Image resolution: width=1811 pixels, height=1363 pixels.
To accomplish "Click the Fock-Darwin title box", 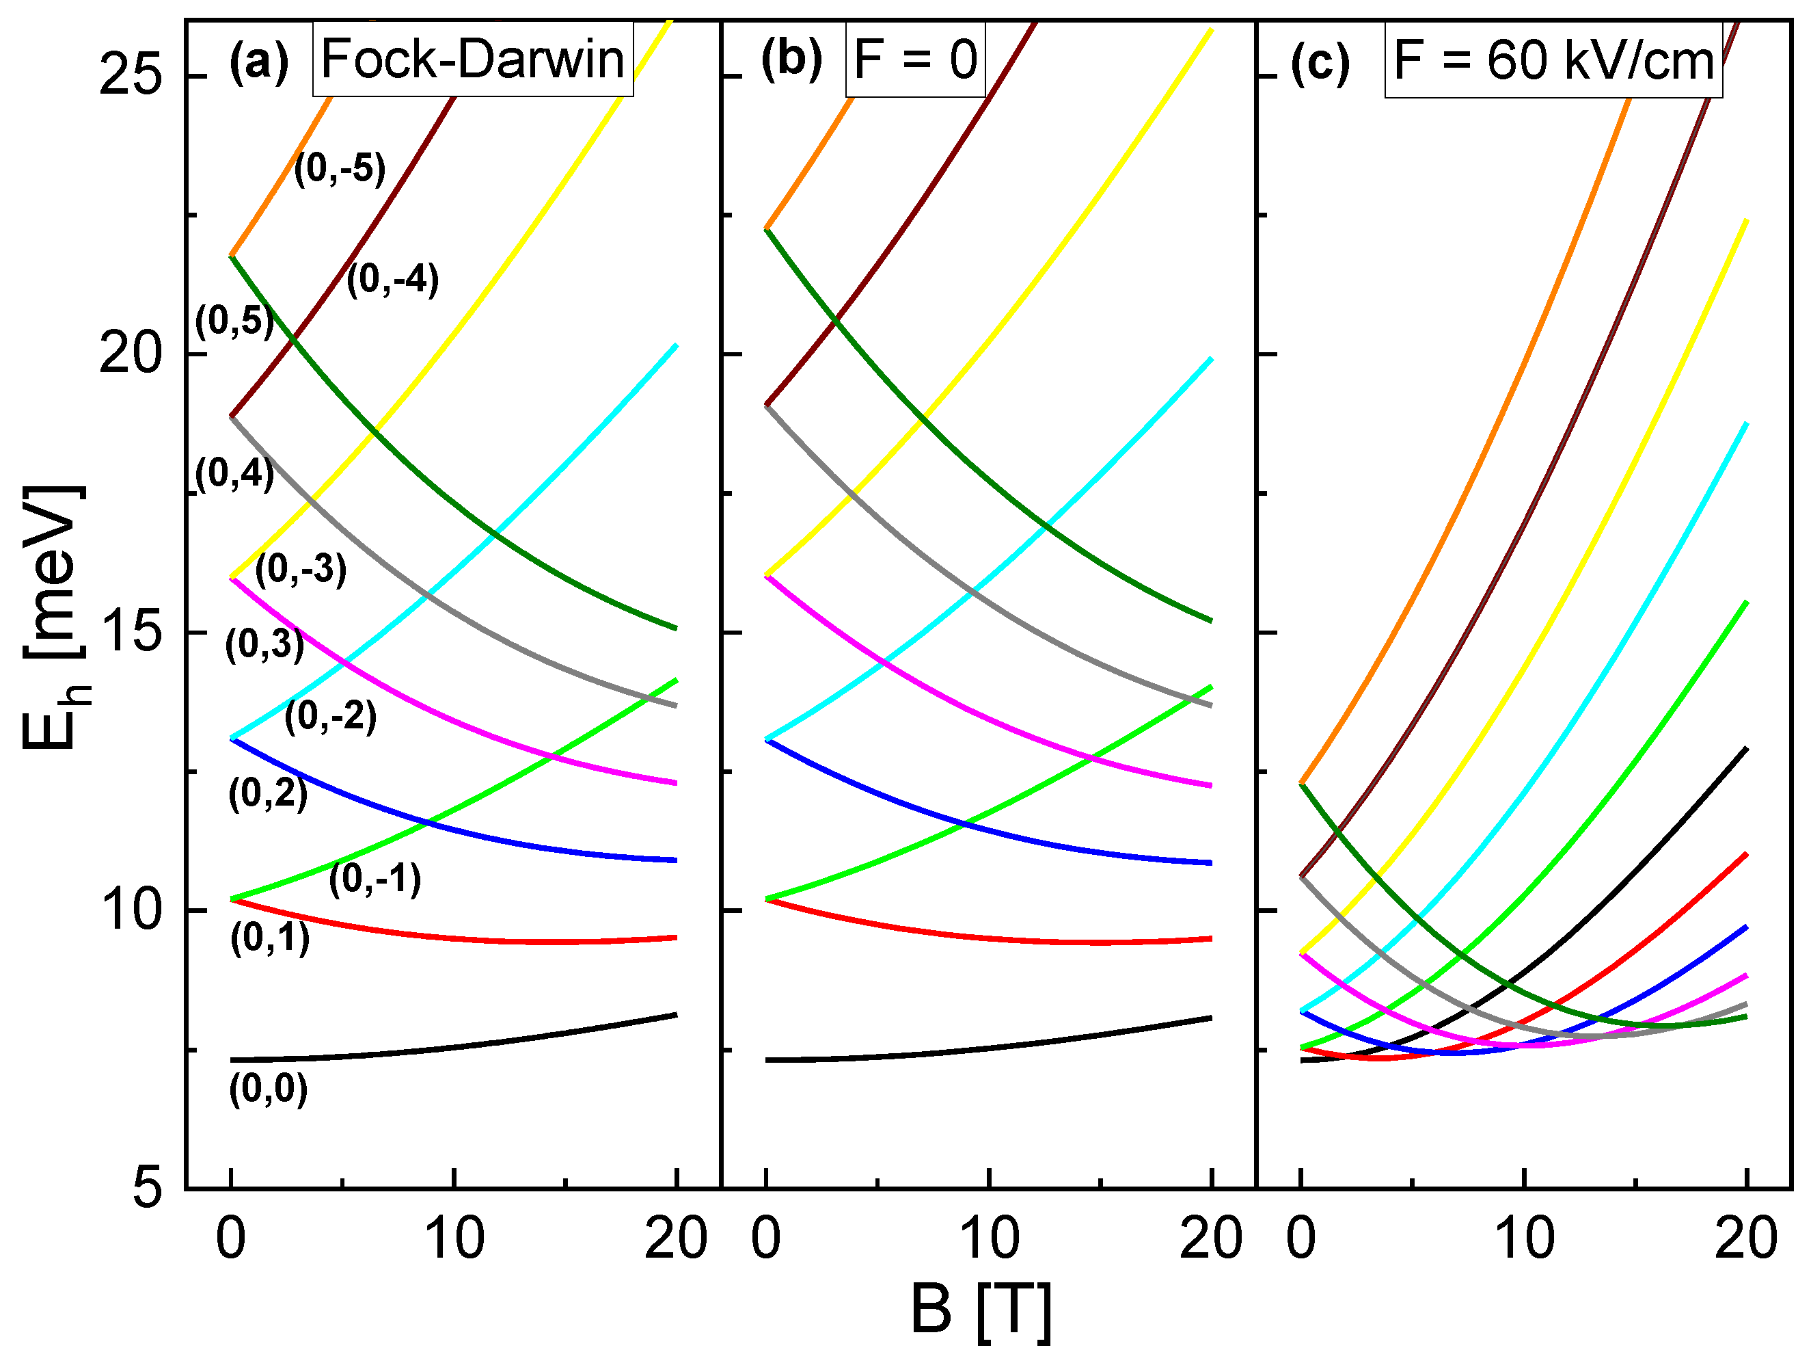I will [472, 59].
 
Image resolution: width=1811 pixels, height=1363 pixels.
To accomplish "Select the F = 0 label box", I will [914, 59].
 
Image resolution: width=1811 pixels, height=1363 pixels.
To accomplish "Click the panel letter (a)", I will [259, 62].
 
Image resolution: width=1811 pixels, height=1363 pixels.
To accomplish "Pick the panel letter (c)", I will [1320, 63].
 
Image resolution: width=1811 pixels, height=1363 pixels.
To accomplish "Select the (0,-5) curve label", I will [339, 170].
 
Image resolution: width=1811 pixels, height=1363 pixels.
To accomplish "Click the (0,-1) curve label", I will [375, 879].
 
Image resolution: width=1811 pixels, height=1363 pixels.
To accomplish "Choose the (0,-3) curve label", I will [301, 569].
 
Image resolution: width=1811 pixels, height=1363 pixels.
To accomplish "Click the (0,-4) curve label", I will [392, 280].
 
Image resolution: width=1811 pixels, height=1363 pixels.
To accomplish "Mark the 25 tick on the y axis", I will [130, 77].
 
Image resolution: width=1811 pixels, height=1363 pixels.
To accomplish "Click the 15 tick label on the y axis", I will [130, 633].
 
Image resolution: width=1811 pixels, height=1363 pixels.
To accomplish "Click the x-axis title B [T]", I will [980, 1309].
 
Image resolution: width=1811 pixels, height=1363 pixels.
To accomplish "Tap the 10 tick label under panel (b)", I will [989, 1239].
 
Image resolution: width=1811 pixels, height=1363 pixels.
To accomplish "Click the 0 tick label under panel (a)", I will [231, 1239].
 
